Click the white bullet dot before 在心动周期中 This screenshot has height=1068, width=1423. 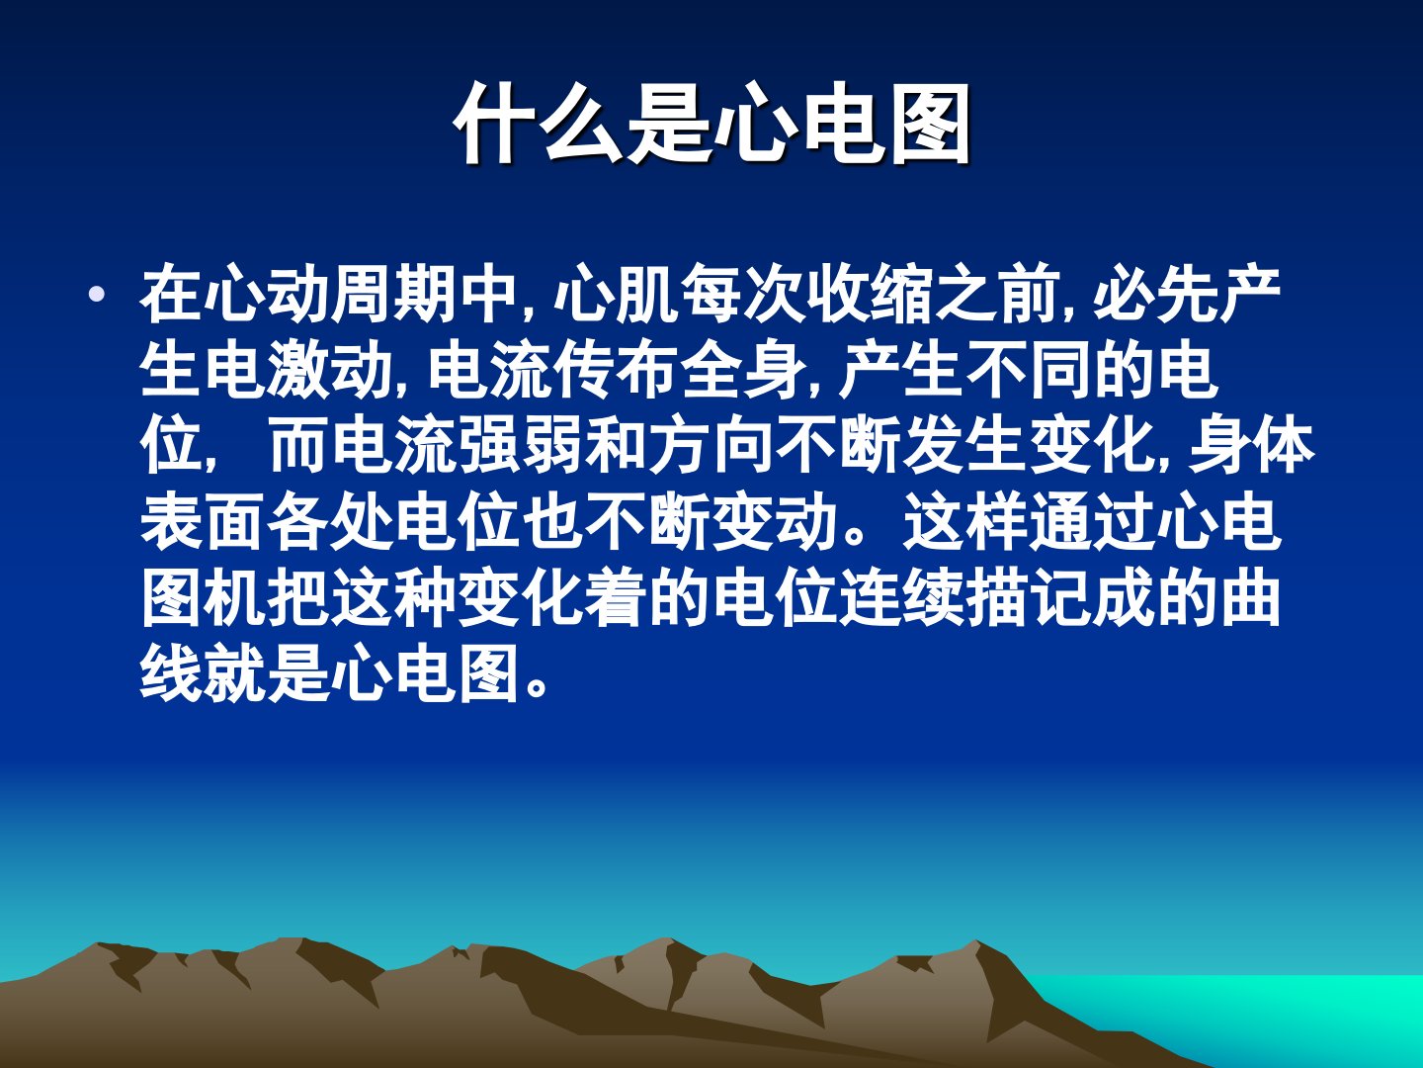[x=98, y=295]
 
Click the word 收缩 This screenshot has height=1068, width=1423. [x=872, y=294]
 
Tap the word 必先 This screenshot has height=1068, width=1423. [x=1156, y=294]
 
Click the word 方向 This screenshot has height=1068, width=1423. [x=713, y=445]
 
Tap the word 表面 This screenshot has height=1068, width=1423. [x=204, y=521]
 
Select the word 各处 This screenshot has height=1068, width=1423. [x=331, y=521]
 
